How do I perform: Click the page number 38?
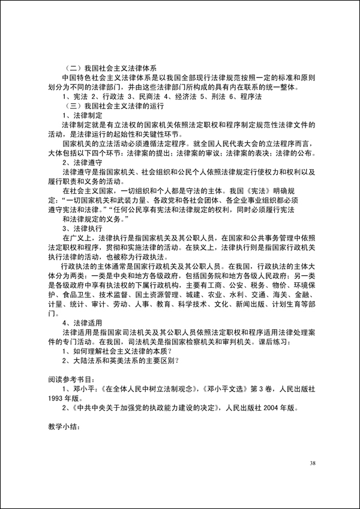tap(313, 463)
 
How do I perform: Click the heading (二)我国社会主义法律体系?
tap(108, 68)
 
